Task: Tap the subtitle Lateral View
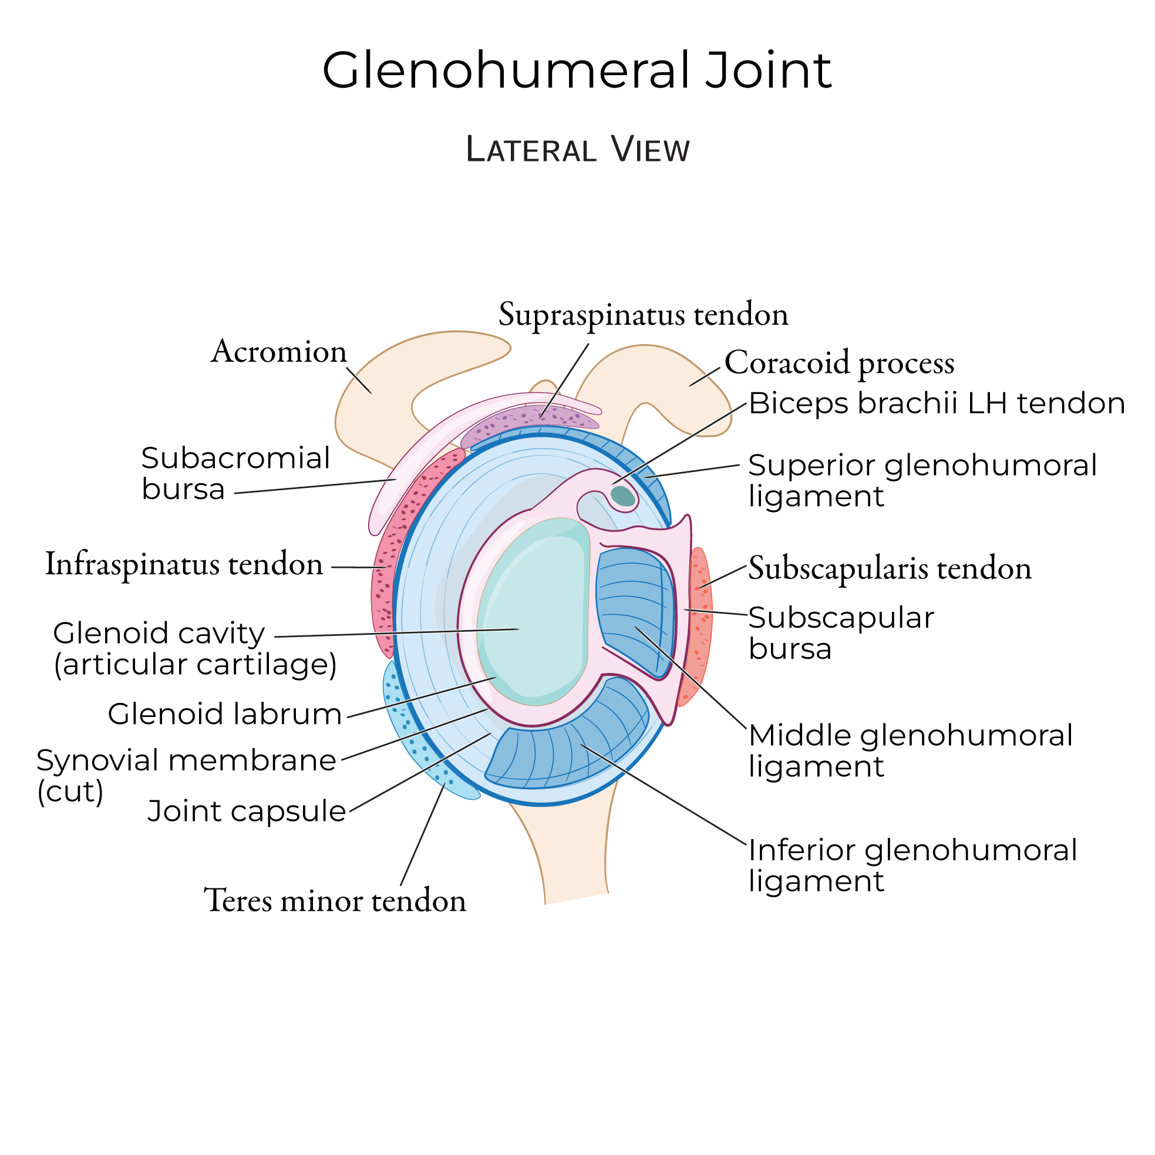(578, 150)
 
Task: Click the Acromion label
(278, 352)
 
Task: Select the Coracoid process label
(839, 363)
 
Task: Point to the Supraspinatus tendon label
(643, 315)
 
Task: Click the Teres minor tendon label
(335, 900)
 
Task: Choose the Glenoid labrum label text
(224, 714)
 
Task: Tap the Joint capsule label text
(246, 811)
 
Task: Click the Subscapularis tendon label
(890, 568)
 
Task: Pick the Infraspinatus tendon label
(184, 564)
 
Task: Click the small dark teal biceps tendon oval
(622, 496)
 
